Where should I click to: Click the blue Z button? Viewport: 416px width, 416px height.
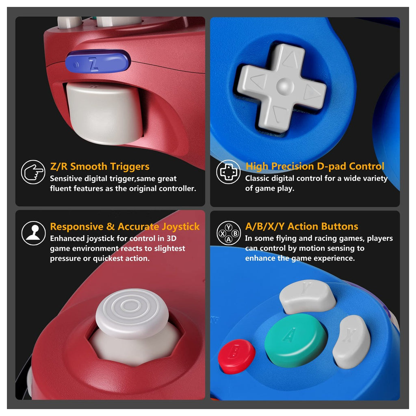coord(98,62)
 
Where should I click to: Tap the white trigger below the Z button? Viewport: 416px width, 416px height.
coord(105,114)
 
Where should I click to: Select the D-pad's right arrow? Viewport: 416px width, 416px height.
coord(310,92)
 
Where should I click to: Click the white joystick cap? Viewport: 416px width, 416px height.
coord(132,314)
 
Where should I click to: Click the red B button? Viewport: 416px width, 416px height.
coord(236,356)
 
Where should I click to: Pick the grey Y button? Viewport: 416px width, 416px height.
coord(308,296)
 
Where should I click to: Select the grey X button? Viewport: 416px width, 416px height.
coord(351,342)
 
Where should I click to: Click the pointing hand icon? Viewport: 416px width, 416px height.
coord(33,172)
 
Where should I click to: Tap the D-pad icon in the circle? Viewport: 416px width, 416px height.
coord(228,172)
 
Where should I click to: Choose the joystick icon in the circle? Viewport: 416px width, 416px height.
coord(33,233)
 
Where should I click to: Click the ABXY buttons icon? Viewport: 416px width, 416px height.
coord(229,233)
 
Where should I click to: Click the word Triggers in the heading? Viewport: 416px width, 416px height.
coord(130,167)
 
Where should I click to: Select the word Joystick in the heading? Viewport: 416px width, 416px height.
coord(181,227)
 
